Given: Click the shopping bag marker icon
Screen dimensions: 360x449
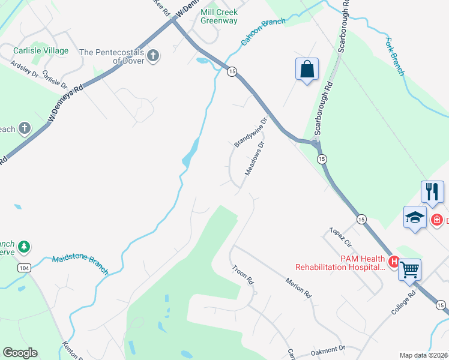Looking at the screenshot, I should click(307, 69).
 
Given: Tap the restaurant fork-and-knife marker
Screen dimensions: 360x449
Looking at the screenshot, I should click(432, 192).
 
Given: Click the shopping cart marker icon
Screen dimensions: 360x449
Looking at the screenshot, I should click(409, 270).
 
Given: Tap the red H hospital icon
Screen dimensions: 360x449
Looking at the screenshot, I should click(394, 261).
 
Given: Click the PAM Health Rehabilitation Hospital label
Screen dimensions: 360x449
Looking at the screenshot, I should click(339, 263).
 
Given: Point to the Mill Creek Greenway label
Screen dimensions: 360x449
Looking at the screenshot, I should click(219, 16).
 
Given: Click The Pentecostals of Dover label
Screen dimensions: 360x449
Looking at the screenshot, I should click(112, 56).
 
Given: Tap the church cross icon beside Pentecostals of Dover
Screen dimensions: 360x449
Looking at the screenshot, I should click(153, 56).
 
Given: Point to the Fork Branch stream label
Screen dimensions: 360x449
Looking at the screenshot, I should click(395, 57).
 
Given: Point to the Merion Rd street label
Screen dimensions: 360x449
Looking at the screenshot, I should click(299, 288).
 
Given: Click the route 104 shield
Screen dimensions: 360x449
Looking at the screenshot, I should click(24, 267).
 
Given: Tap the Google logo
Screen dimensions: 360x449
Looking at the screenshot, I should click(20, 353).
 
